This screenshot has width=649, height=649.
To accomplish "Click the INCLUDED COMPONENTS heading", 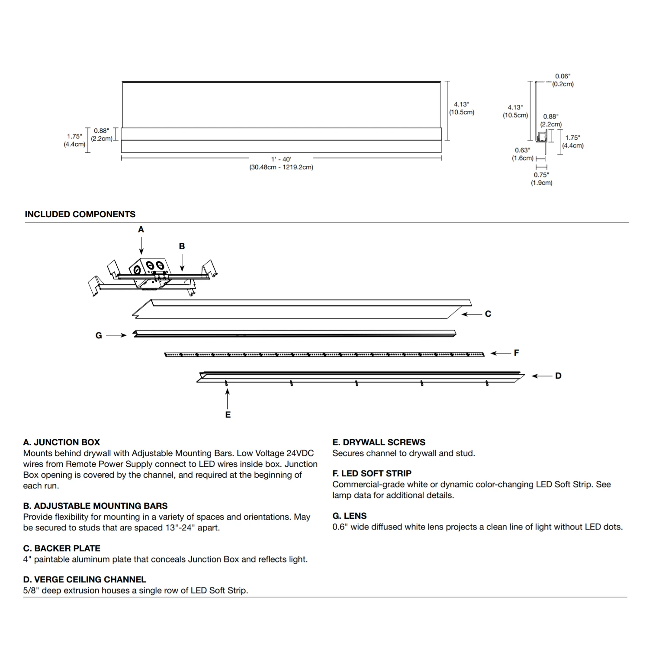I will [x=80, y=214].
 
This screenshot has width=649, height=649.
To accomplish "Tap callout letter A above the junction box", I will [x=141, y=230].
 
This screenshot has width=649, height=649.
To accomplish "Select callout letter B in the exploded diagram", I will [x=182, y=246].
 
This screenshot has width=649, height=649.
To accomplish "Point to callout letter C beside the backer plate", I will [x=488, y=314].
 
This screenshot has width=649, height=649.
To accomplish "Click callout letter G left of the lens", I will [x=99, y=335].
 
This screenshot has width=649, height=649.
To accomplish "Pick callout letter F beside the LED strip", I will [x=516, y=353].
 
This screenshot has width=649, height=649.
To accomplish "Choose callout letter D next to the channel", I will [x=558, y=376].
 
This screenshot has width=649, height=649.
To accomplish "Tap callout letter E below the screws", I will [x=228, y=414].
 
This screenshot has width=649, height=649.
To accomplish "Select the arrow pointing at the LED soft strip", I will [x=500, y=353].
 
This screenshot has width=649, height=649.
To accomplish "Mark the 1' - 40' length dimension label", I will [x=281, y=159].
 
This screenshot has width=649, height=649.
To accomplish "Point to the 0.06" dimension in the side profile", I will [x=562, y=76].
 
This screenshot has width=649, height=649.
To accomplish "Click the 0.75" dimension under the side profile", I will [x=541, y=175].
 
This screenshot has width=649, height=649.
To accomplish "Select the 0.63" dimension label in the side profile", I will [x=522, y=150].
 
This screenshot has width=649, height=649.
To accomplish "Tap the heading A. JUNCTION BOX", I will [x=61, y=442].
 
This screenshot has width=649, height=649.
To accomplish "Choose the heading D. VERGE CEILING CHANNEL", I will [x=84, y=579].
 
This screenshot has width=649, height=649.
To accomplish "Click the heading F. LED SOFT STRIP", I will [x=372, y=473].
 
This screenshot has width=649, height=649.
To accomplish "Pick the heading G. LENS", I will [x=349, y=516].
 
